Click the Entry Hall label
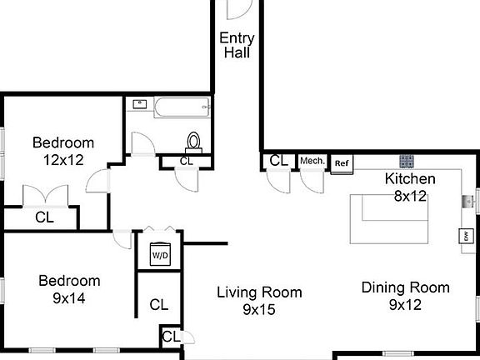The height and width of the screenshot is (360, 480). pyautogui.click(x=237, y=45)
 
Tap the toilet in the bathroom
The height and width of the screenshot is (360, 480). pyautogui.click(x=195, y=142)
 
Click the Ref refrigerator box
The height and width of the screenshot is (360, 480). pyautogui.click(x=341, y=163)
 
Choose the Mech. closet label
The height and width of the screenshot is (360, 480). pyautogui.click(x=312, y=161)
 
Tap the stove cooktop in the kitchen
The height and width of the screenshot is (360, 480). pyautogui.click(x=407, y=160)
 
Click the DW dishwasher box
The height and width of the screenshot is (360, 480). pyautogui.click(x=464, y=237)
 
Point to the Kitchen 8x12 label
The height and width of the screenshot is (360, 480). pyautogui.click(x=409, y=187)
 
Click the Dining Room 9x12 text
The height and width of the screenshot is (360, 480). pyautogui.click(x=405, y=296)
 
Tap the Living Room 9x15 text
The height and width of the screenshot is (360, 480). pyautogui.click(x=259, y=300)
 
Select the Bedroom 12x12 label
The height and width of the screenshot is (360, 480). pyautogui.click(x=63, y=151)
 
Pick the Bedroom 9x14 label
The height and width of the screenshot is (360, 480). pyautogui.click(x=69, y=288)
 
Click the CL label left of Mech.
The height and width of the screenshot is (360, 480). pyautogui.click(x=279, y=161)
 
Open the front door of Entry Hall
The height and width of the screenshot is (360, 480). pyautogui.click(x=238, y=8)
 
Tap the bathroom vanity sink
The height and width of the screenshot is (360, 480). pyautogui.click(x=140, y=105)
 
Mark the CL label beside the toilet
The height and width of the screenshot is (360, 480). pyautogui.click(x=186, y=161)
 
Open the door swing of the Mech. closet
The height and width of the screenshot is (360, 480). pyautogui.click(x=312, y=181)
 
